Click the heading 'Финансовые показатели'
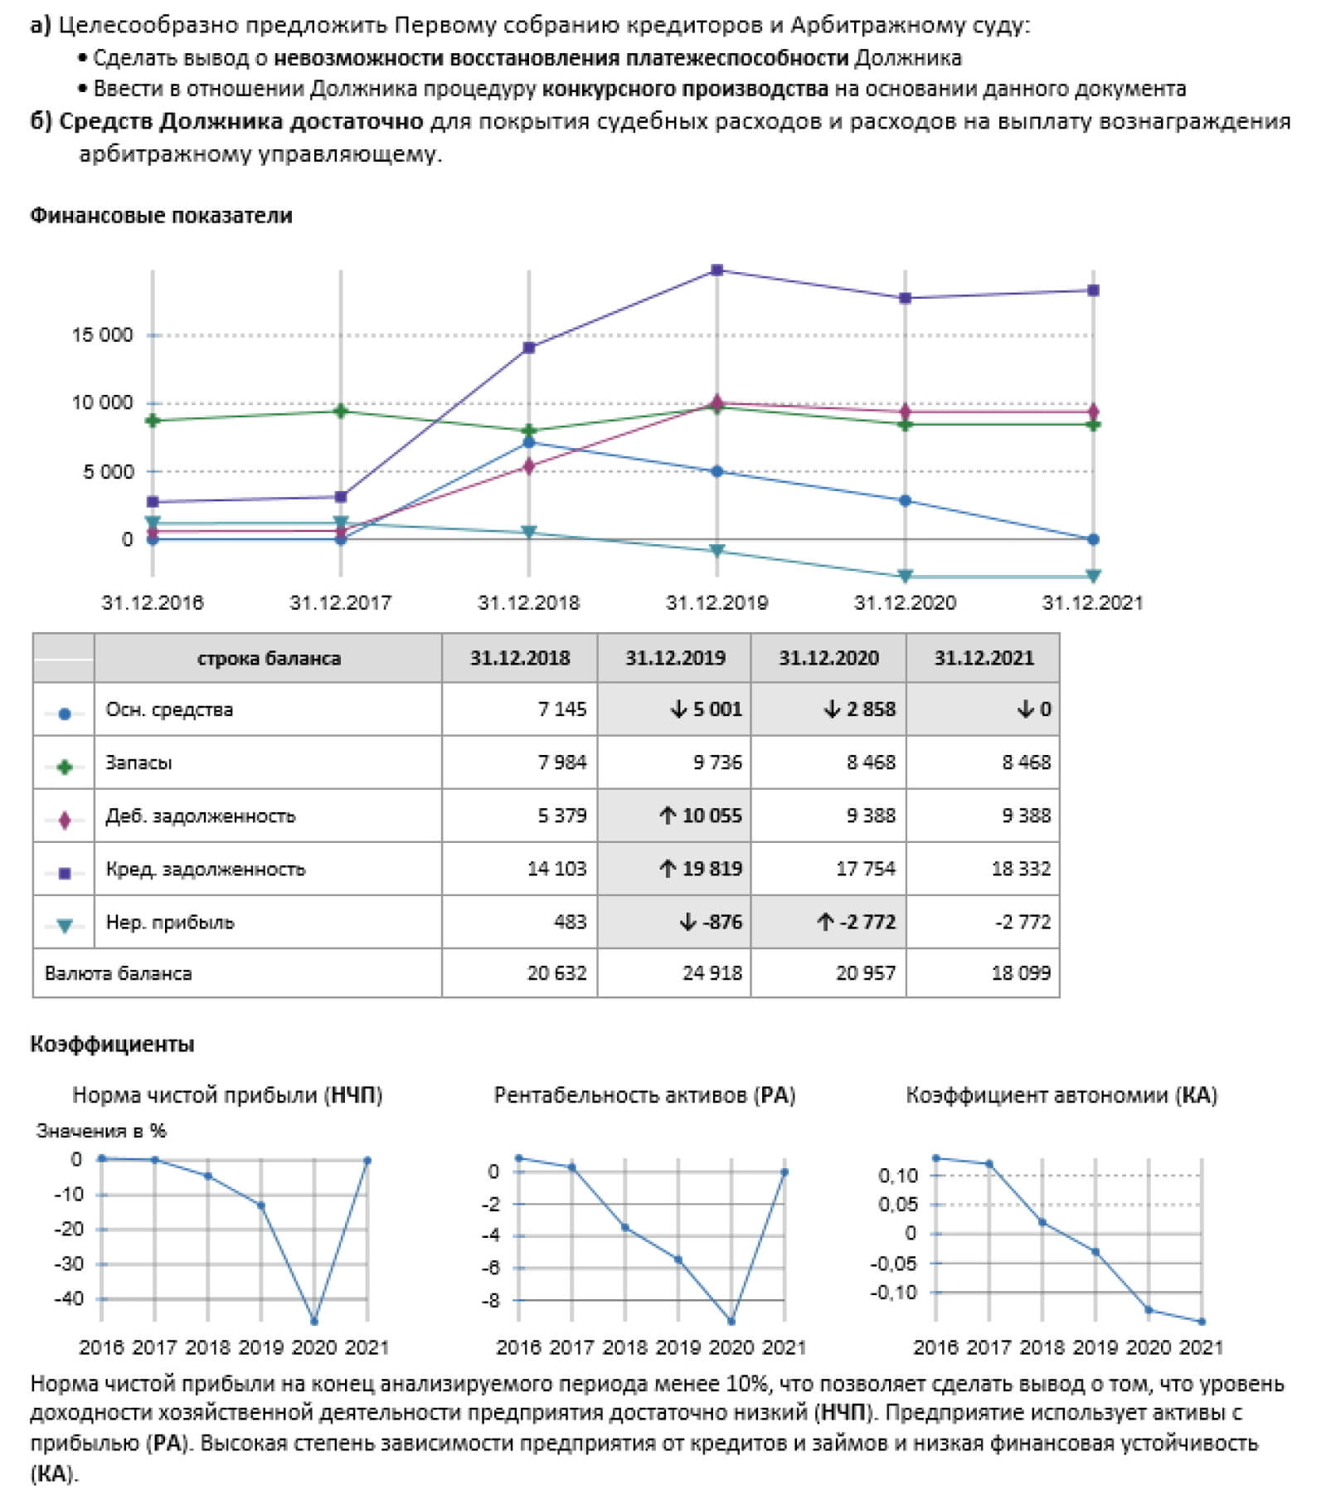[161, 216]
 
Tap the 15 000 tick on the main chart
[102, 335]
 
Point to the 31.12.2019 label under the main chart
[716, 602]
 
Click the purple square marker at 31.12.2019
[717, 270]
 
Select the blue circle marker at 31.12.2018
[529, 442]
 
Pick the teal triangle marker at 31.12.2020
[905, 576]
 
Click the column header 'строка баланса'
[269, 659]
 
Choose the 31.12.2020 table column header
[828, 659]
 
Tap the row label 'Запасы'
[138, 762]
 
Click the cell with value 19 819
[701, 869]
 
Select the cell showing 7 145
[561, 709]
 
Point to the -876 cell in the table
[711, 922]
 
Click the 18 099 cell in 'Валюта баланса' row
[1020, 973]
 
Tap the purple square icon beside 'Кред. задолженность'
[65, 873]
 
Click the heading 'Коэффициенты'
[112, 1044]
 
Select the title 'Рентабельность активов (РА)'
[644, 1095]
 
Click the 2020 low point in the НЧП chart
[313, 1321]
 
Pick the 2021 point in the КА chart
[1202, 1322]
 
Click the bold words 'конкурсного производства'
[685, 89]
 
